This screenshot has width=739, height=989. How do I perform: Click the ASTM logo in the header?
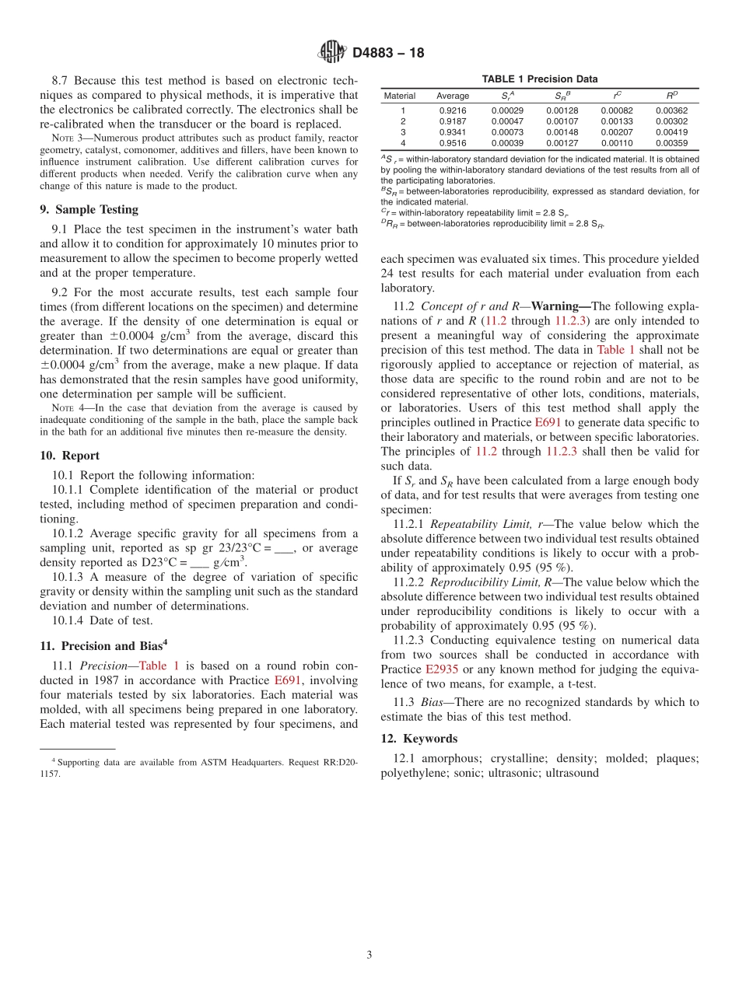click(x=331, y=53)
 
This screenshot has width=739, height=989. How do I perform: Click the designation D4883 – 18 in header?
click(x=388, y=54)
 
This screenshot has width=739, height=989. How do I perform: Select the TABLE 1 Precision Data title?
click(x=540, y=79)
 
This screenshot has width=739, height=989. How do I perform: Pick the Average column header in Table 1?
click(x=453, y=96)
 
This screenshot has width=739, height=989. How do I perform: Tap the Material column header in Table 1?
click(x=400, y=96)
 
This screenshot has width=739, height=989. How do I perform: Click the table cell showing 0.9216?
click(x=453, y=110)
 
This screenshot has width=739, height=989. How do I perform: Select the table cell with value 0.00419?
click(x=671, y=132)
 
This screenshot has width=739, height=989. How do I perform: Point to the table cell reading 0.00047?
click(x=507, y=121)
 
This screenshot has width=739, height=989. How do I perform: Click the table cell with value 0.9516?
click(x=453, y=143)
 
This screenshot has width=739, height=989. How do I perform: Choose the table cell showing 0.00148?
click(x=562, y=132)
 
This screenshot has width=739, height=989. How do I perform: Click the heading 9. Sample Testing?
click(x=89, y=209)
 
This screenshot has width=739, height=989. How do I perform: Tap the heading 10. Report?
click(x=69, y=456)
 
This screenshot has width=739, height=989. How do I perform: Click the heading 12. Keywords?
click(x=419, y=739)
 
